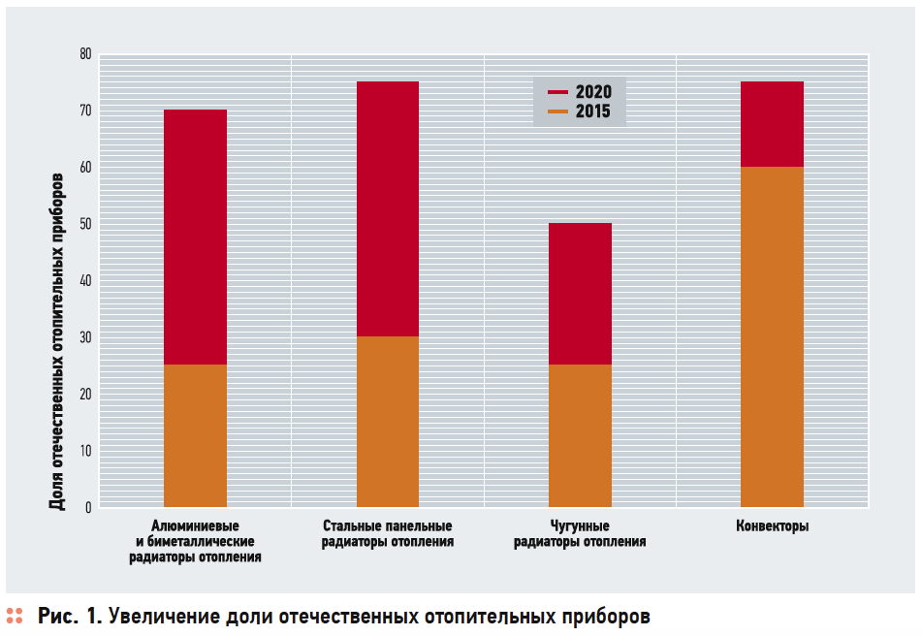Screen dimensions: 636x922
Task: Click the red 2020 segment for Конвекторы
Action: click(772, 124)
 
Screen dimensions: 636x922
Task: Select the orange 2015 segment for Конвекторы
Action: click(772, 336)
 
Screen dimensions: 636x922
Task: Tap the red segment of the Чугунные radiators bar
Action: click(580, 294)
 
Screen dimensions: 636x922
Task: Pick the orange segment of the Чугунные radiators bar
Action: click(580, 435)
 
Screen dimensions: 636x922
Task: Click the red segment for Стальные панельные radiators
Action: click(388, 208)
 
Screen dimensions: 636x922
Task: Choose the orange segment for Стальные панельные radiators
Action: click(388, 422)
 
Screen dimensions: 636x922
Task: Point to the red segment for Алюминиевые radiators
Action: click(195, 237)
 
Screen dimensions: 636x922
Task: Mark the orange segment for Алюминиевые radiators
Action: click(195, 435)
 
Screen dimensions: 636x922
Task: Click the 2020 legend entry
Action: click(581, 92)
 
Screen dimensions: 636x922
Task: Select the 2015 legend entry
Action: click(581, 111)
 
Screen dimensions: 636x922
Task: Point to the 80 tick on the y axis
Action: click(85, 54)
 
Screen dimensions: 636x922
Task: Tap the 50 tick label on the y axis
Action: click(85, 224)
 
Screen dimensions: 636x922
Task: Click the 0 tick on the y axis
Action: click(88, 507)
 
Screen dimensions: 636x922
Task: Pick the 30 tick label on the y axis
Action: click(85, 337)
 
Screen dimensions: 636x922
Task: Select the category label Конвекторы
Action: click(772, 526)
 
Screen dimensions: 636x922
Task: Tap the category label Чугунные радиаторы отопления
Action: click(580, 534)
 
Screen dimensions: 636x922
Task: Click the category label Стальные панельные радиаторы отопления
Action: click(388, 534)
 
